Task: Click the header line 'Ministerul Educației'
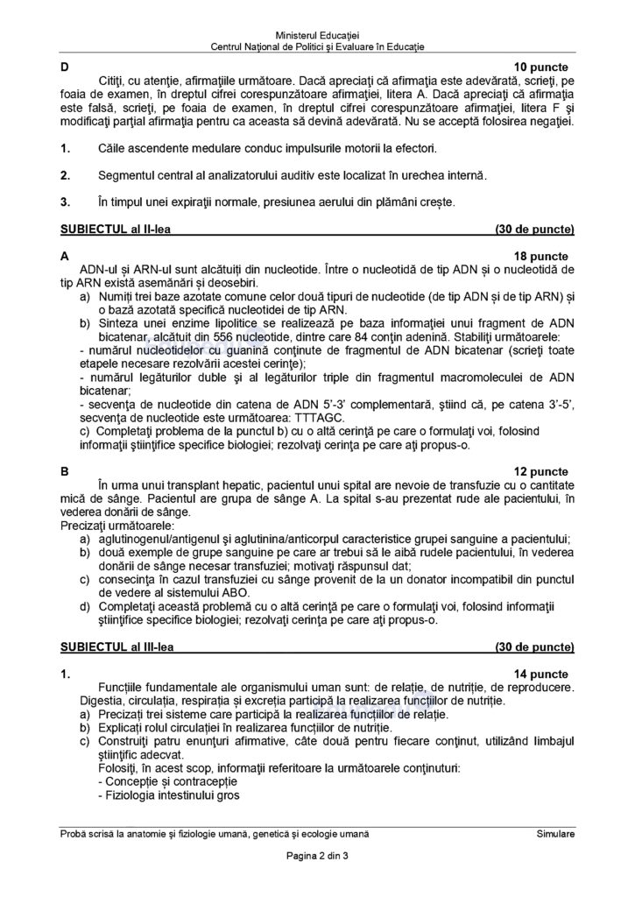pyautogui.click(x=318, y=32)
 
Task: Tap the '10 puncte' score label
pyautogui.click(x=540, y=67)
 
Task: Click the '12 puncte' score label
pyautogui.click(x=540, y=471)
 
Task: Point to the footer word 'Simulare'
pyautogui.click(x=555, y=835)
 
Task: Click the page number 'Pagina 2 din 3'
pyautogui.click(x=317, y=856)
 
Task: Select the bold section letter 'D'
pyautogui.click(x=64, y=67)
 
